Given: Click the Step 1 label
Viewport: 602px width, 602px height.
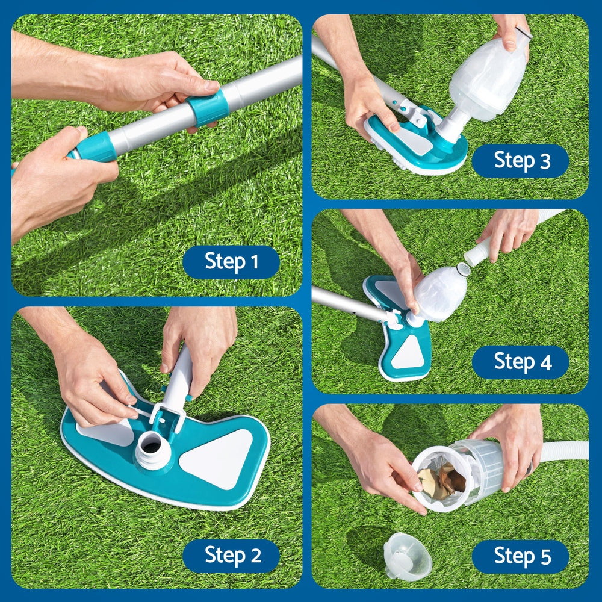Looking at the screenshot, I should [x=231, y=262].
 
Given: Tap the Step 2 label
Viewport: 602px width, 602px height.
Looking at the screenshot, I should [x=231, y=555].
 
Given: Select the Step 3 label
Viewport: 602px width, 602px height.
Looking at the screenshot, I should [x=520, y=161].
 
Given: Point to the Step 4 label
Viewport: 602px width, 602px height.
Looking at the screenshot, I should [x=520, y=362].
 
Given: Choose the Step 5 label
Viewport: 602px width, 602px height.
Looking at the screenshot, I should [x=520, y=556].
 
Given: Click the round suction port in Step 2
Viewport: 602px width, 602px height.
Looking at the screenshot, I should [x=151, y=446].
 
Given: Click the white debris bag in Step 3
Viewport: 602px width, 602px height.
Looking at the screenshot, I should [x=489, y=76].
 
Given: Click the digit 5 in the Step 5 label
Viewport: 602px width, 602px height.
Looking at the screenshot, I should [x=545, y=557].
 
